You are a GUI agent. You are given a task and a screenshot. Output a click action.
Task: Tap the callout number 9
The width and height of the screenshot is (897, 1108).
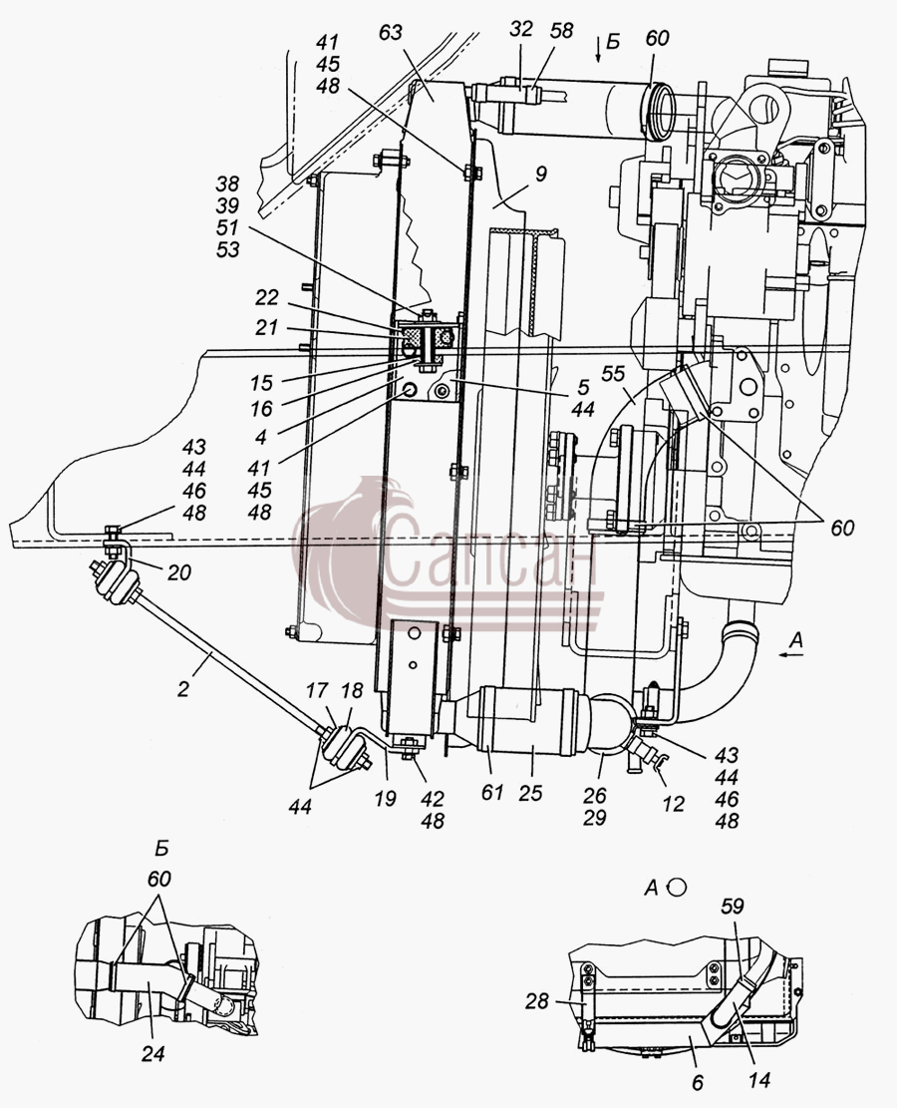[540, 174]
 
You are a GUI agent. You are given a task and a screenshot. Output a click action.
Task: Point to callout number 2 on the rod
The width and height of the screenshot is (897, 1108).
[183, 689]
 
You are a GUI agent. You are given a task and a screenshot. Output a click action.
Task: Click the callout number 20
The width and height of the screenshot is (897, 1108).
[179, 572]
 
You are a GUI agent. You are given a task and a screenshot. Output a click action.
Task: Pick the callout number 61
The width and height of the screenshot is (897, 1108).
[492, 793]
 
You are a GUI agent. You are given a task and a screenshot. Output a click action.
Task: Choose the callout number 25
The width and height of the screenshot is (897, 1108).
[530, 793]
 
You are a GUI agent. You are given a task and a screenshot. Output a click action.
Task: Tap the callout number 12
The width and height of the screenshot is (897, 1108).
[673, 804]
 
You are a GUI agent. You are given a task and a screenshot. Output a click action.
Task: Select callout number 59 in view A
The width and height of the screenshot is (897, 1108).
[734, 906]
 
